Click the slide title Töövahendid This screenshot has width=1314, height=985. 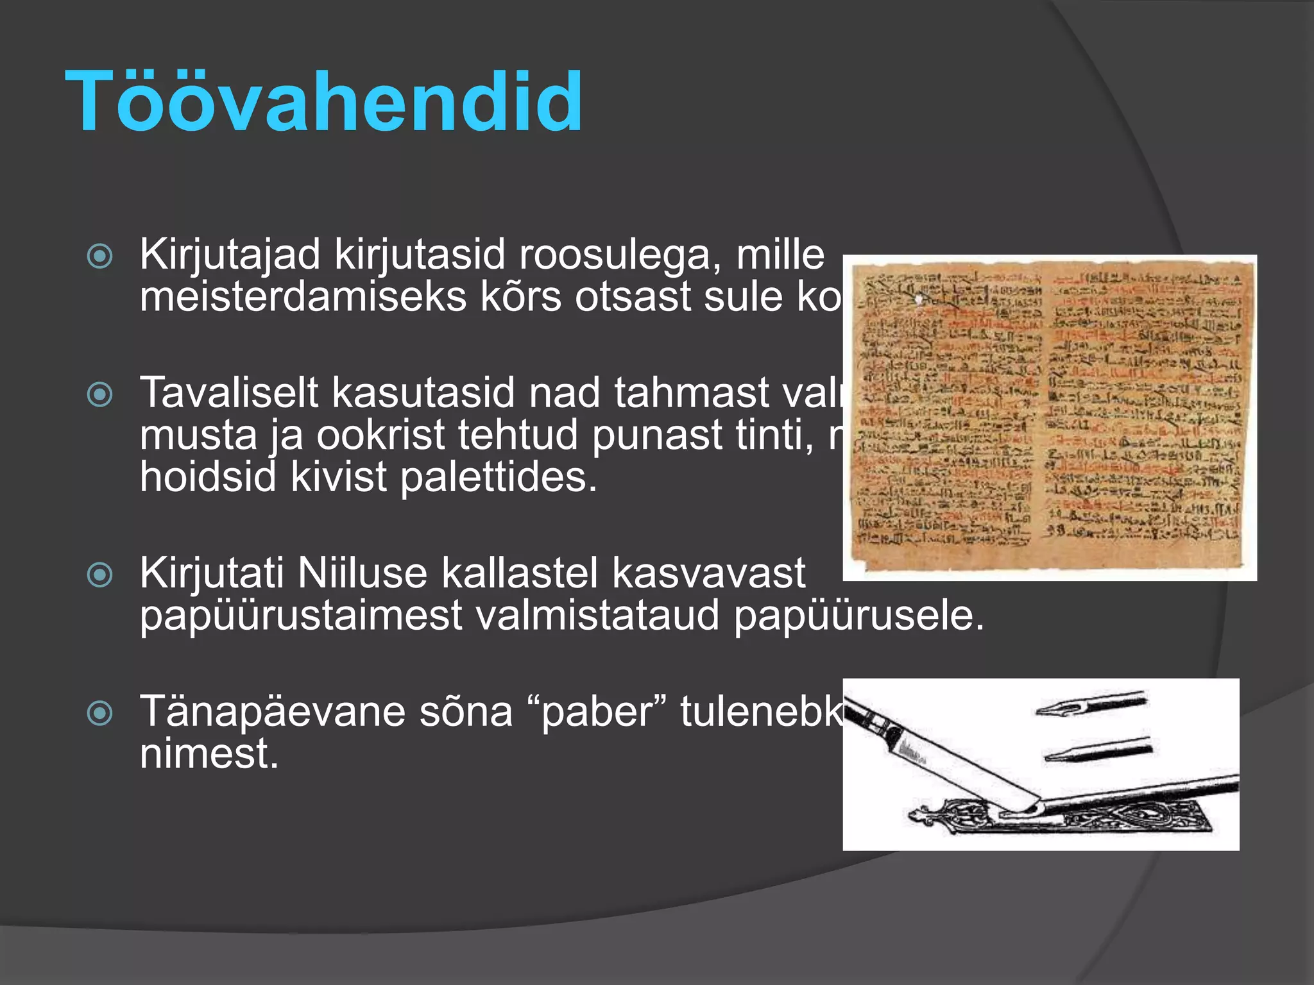click(324, 103)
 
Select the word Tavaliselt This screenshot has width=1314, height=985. click(228, 392)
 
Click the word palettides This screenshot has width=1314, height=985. click(498, 478)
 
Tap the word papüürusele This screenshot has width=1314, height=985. click(858, 616)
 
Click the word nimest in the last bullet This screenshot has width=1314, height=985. click(209, 753)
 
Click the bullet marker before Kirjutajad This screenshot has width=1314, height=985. click(100, 257)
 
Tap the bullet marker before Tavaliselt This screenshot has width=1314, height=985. click(100, 394)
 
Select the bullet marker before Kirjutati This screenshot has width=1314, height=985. click(100, 575)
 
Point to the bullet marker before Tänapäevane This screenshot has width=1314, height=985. click(100, 712)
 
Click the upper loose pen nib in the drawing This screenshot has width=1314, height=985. click(1091, 704)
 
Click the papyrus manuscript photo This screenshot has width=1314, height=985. click(1049, 417)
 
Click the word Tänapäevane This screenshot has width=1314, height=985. click(272, 712)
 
